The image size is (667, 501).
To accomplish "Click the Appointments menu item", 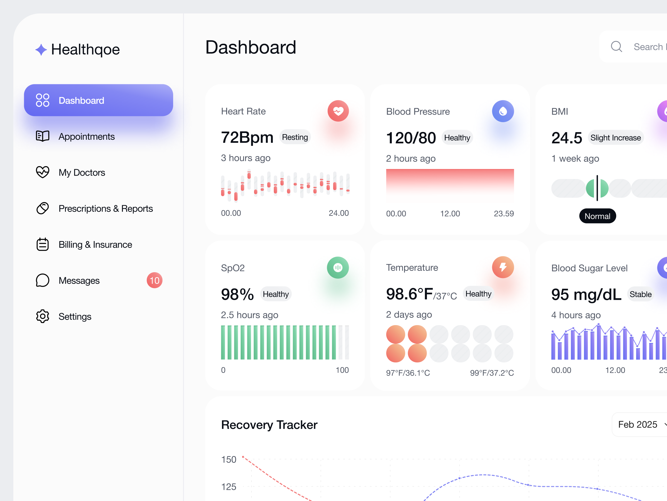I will (86, 136).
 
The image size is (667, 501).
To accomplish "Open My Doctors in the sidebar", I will (82, 173).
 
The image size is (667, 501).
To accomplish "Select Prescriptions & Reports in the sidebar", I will (106, 208).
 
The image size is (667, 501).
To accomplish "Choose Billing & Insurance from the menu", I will (95, 245).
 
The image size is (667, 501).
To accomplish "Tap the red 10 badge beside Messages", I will (155, 281).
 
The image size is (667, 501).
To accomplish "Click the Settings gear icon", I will (43, 316).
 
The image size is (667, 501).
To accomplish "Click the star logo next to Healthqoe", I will (41, 50).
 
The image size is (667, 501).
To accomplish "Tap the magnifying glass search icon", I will (616, 47).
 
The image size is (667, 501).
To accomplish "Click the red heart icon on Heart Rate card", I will (338, 111).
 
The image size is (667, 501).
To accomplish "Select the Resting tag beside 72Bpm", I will (295, 137).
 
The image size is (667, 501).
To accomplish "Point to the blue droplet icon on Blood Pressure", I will (503, 111).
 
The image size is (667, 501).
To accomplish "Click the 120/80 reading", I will (411, 138).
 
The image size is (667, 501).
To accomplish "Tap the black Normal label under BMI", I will (597, 216).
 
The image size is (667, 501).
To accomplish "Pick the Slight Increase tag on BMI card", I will (615, 138).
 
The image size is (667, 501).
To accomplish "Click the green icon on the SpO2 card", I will (338, 267).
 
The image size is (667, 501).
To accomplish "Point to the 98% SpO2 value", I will (237, 294).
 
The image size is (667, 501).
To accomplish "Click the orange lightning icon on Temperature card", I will (503, 267).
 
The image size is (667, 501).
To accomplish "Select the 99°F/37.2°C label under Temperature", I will (492, 373).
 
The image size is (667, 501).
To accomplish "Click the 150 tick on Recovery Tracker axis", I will (228, 460).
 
